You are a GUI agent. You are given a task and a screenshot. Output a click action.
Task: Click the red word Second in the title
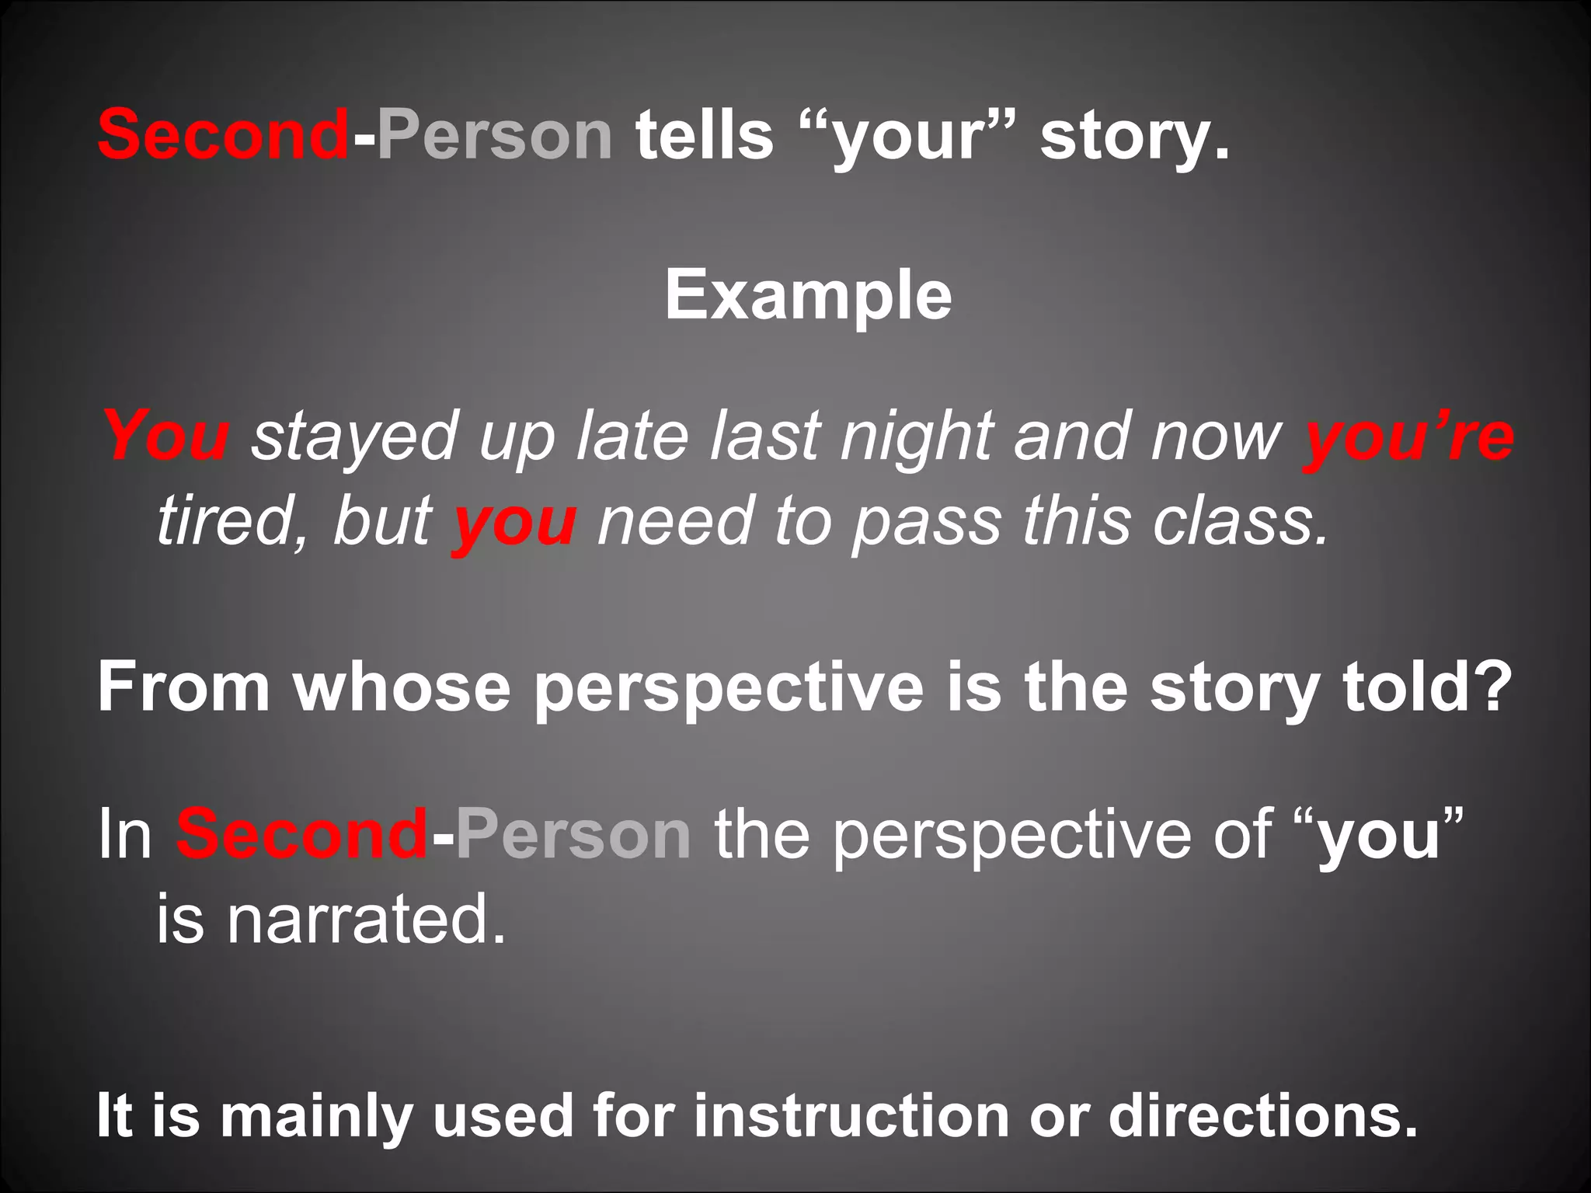pyautogui.click(x=223, y=135)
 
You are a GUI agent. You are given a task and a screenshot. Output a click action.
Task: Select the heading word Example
pyautogui.click(x=808, y=295)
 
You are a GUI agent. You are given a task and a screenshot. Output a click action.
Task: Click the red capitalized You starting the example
pyautogui.click(x=166, y=436)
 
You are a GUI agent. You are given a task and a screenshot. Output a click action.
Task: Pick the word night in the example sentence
pyautogui.click(x=917, y=437)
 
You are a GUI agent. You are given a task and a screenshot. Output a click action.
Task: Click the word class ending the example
pyautogui.click(x=1240, y=521)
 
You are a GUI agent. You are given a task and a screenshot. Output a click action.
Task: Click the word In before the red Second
pyautogui.click(x=124, y=834)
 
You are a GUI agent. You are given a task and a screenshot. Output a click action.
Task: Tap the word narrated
pyautogui.click(x=364, y=920)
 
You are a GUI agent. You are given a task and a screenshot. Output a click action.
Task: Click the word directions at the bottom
pyautogui.click(x=1262, y=1115)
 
